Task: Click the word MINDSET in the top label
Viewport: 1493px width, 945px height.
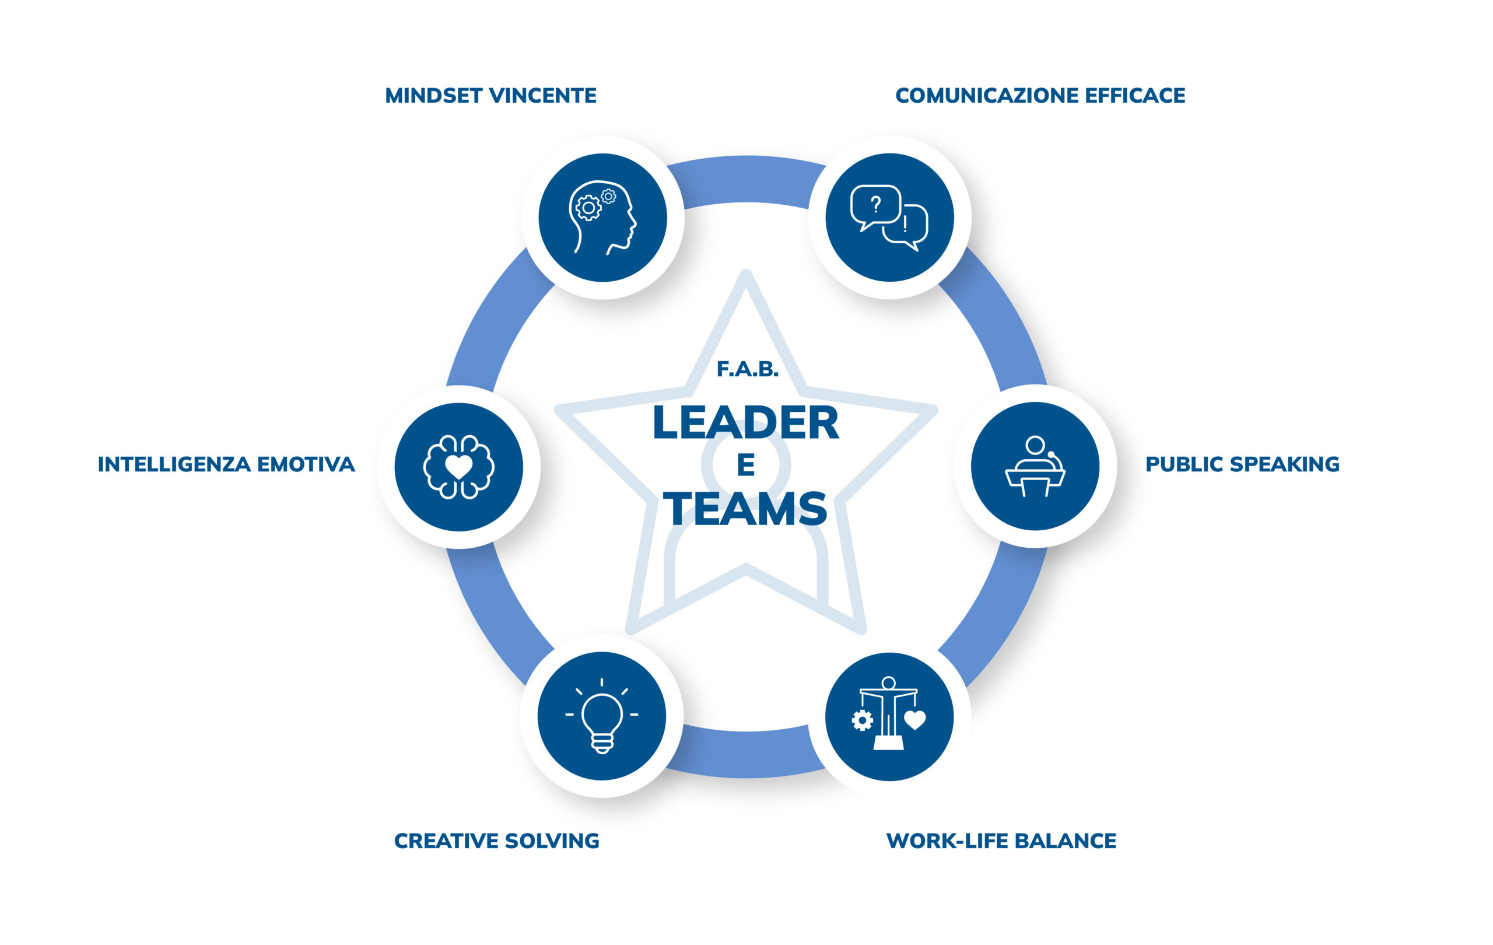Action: [x=434, y=96]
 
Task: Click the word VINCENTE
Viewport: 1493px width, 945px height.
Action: [x=543, y=96]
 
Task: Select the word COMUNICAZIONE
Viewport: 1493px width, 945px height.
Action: [x=987, y=96]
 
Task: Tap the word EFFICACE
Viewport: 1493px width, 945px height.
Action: [x=1135, y=96]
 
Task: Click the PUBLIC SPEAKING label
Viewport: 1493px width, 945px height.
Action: [x=1242, y=464]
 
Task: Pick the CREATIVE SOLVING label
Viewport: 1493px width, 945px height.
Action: [x=497, y=841]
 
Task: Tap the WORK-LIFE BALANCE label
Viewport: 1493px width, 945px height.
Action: [x=1001, y=841]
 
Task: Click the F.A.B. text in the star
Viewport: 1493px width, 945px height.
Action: [x=747, y=370]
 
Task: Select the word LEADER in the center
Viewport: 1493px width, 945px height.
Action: [x=746, y=422]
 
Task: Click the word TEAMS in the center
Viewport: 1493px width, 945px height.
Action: [x=746, y=509]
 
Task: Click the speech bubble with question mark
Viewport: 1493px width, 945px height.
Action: [x=875, y=208]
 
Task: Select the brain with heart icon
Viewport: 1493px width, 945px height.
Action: [x=459, y=467]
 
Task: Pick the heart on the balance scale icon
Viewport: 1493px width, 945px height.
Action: [x=914, y=720]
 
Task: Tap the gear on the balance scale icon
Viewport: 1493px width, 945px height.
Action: [x=863, y=720]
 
